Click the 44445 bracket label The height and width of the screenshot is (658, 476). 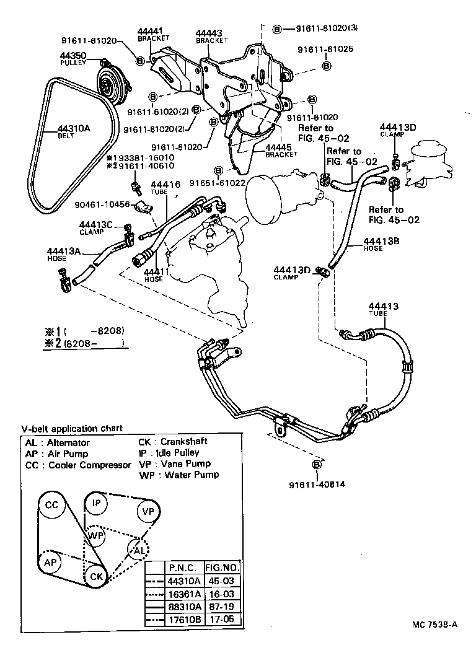[x=279, y=148]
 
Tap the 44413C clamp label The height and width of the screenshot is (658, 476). [x=95, y=225]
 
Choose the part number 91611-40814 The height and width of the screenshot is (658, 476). [x=317, y=485]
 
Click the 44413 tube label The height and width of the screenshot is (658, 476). [x=383, y=307]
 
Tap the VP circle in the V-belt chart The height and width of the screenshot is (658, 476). [x=148, y=512]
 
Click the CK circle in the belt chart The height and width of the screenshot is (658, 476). [x=96, y=576]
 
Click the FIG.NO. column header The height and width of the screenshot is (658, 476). [x=222, y=567]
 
